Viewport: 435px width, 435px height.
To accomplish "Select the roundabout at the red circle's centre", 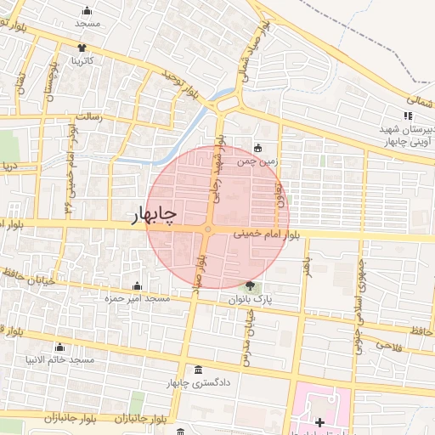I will [208, 229].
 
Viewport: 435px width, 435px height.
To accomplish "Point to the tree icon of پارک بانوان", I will [250, 286].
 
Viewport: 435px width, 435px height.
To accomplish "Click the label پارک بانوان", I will [250, 300].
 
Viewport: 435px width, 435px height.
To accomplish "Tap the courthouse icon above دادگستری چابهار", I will [199, 370].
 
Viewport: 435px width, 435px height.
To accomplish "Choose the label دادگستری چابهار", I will [199, 383].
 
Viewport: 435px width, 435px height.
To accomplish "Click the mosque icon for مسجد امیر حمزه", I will [137, 285].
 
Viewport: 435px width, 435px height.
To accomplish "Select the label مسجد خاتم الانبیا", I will [59, 361].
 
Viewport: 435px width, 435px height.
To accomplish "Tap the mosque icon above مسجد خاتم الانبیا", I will [59, 347].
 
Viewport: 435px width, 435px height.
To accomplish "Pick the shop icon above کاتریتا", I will [82, 48].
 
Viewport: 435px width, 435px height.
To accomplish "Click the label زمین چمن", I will [257, 159].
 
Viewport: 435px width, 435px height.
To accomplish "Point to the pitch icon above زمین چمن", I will [258, 145].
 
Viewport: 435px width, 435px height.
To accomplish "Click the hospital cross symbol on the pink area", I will [319, 422].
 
